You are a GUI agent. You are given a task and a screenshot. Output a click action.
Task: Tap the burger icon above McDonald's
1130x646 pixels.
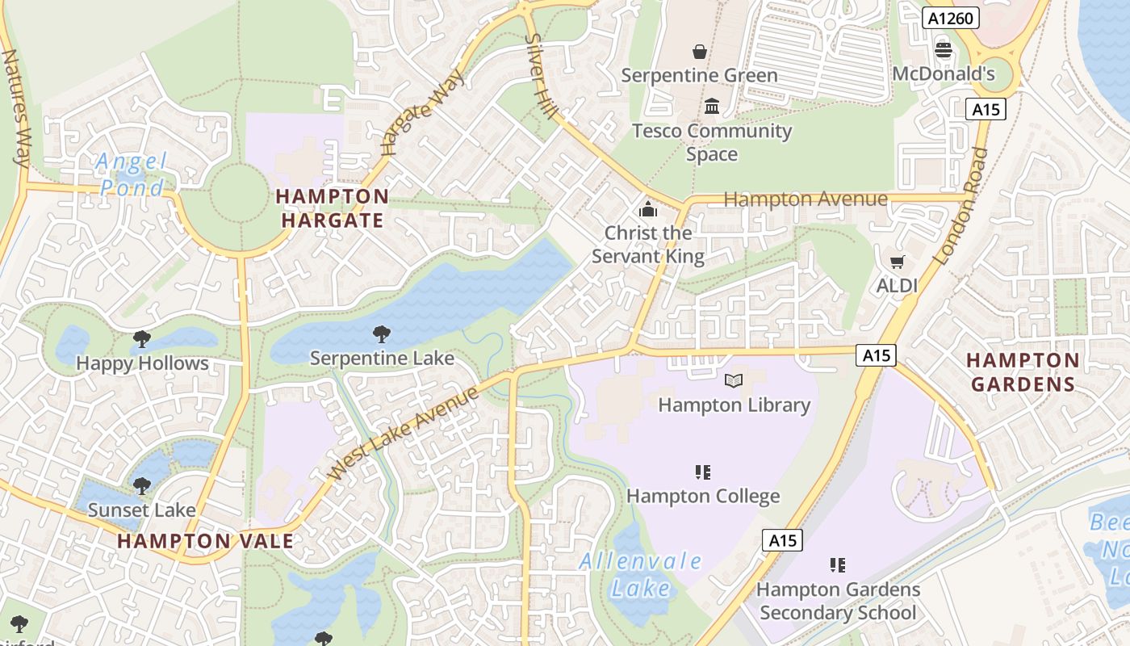tap(943, 51)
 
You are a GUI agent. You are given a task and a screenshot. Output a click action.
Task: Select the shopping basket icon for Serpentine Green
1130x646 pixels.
tap(699, 52)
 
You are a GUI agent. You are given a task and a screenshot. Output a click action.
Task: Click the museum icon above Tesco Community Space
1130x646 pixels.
tap(712, 106)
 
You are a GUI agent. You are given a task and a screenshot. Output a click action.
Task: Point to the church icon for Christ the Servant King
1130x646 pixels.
tap(647, 210)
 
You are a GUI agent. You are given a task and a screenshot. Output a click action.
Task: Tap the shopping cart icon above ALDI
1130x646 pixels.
tap(897, 262)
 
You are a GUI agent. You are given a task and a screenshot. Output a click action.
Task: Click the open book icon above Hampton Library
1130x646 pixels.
tap(734, 380)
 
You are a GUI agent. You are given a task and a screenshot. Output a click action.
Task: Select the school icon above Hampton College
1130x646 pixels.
tap(702, 472)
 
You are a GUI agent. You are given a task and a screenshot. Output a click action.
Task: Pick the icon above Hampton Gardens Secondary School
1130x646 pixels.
tap(838, 565)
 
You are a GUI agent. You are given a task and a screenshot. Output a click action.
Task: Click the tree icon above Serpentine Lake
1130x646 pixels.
tap(381, 334)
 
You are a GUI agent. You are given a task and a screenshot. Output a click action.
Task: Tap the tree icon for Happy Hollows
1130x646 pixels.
tap(142, 339)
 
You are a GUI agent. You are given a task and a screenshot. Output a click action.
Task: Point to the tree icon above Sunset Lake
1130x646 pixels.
tap(142, 486)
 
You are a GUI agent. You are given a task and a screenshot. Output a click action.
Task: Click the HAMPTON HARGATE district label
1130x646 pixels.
tap(333, 208)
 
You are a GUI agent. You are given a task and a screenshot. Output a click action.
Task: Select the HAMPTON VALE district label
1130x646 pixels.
tap(206, 541)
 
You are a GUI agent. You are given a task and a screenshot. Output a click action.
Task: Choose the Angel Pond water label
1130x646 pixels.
tap(131, 174)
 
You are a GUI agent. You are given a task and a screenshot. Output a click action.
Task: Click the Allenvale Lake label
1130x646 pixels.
tap(641, 573)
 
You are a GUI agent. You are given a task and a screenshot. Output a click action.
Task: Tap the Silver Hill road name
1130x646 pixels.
tap(541, 76)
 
